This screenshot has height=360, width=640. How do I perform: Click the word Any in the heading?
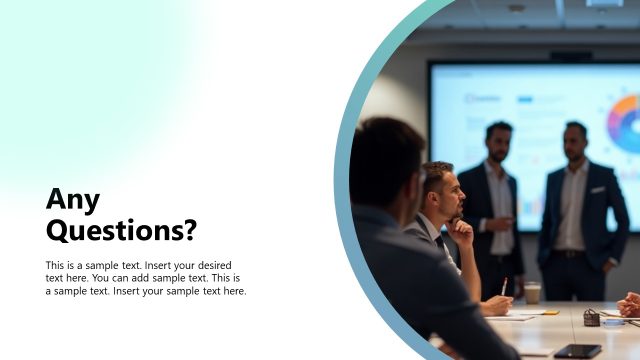tap(73, 200)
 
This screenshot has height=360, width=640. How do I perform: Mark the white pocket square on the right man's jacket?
tap(598, 190)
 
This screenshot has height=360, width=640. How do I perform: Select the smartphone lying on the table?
tap(578, 350)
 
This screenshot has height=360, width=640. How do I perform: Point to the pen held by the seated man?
tap(504, 286)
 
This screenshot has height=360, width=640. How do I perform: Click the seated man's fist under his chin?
tap(461, 230)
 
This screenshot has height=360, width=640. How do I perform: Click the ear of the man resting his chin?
tap(432, 196)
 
